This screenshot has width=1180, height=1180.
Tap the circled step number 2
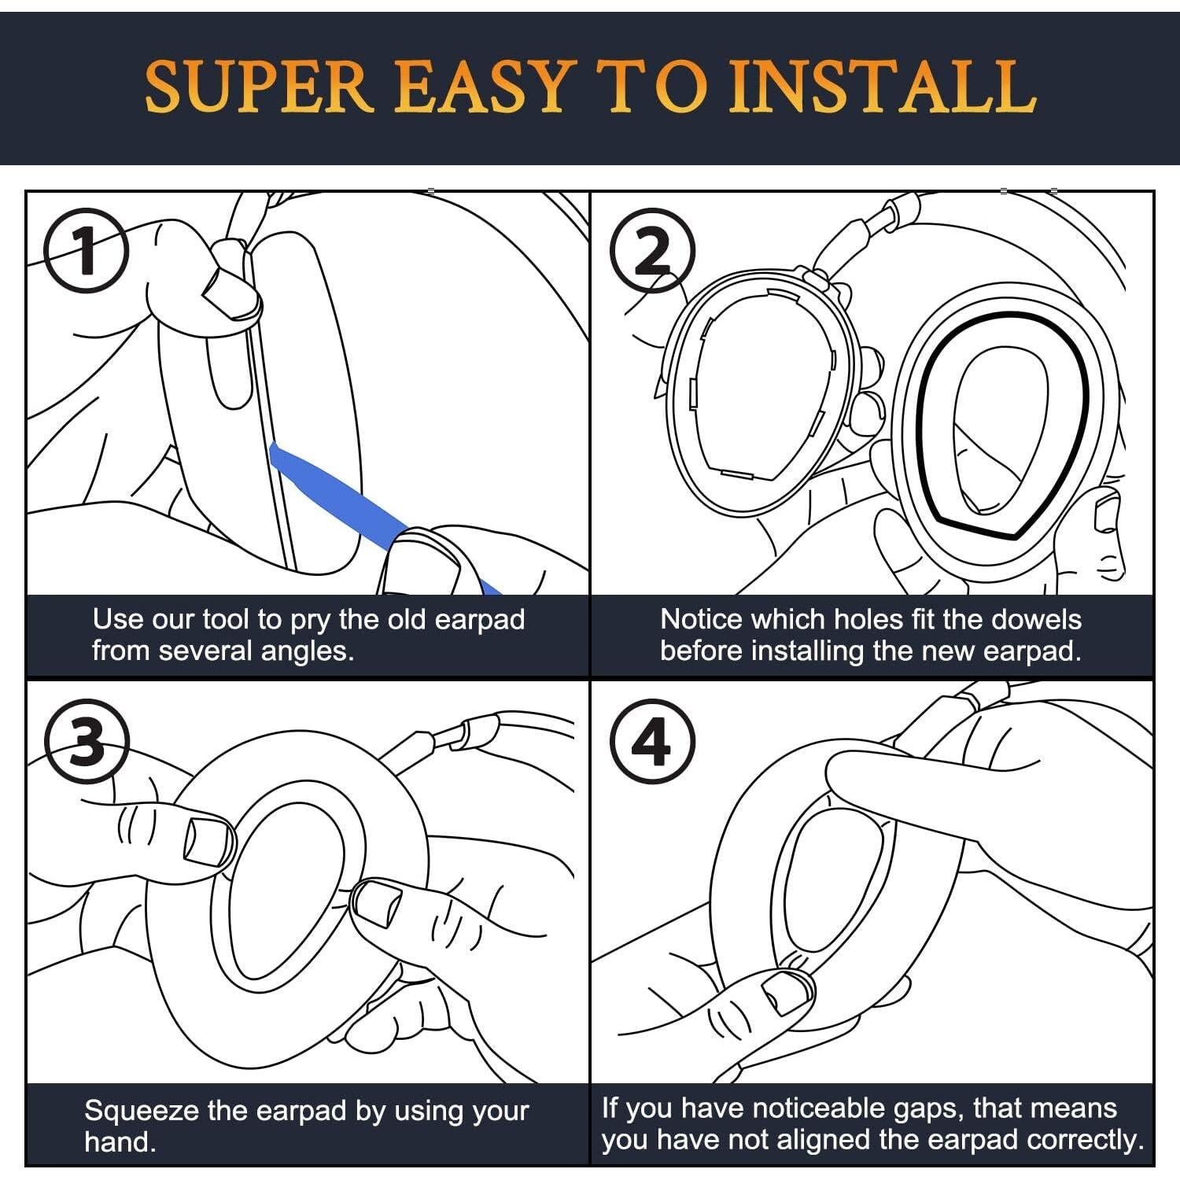653,251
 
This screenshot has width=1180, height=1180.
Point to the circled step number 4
653,741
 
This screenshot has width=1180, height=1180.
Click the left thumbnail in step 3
208,841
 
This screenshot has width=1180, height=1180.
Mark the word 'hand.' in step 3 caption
120,1141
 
